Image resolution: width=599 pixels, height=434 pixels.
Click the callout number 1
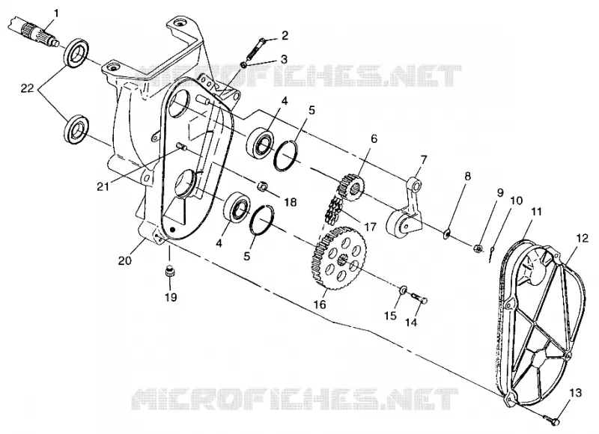(57, 13)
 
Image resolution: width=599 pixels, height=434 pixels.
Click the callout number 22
(28, 88)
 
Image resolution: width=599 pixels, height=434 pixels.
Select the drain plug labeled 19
(170, 272)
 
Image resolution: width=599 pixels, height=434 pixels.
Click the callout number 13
(575, 393)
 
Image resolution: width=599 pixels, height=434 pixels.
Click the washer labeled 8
(446, 233)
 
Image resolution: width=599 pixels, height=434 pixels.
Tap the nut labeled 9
(481, 248)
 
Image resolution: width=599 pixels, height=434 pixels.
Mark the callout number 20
(125, 260)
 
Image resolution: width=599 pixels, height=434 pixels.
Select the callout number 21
(103, 186)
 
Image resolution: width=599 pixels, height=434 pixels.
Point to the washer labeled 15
(403, 291)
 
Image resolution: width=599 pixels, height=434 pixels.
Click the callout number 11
(536, 212)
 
